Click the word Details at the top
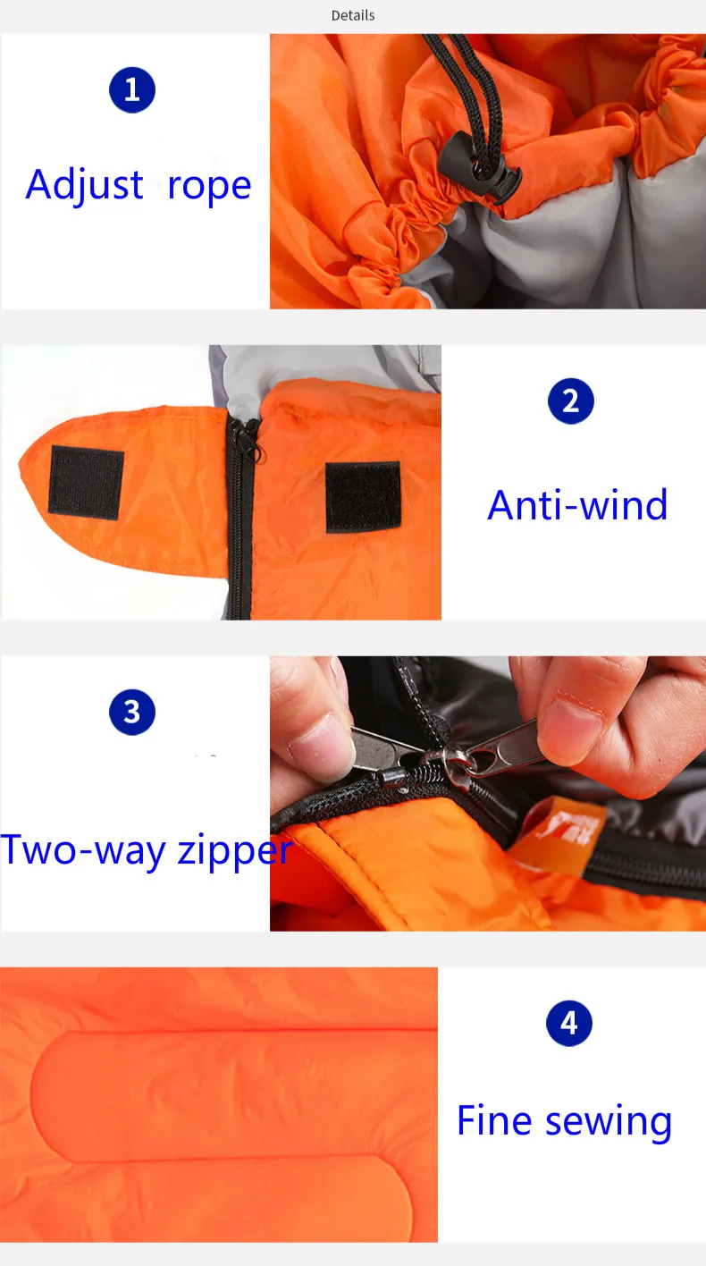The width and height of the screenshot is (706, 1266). (352, 15)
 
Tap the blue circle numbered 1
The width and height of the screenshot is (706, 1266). (132, 90)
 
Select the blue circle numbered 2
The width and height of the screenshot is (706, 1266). (570, 401)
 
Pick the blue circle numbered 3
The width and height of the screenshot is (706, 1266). (132, 712)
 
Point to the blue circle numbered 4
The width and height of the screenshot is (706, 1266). (569, 1023)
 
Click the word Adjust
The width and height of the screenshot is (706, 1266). (85, 185)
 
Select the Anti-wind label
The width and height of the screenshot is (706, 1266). (577, 505)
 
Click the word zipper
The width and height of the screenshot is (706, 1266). (235, 850)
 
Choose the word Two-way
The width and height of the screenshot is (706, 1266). (83, 850)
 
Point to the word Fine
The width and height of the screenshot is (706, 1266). (494, 1119)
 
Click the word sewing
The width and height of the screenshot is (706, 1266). (609, 1122)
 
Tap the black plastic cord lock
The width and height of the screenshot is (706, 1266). (476, 166)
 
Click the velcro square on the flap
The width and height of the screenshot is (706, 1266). (86, 482)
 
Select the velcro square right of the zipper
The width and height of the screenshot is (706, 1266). (363, 497)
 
